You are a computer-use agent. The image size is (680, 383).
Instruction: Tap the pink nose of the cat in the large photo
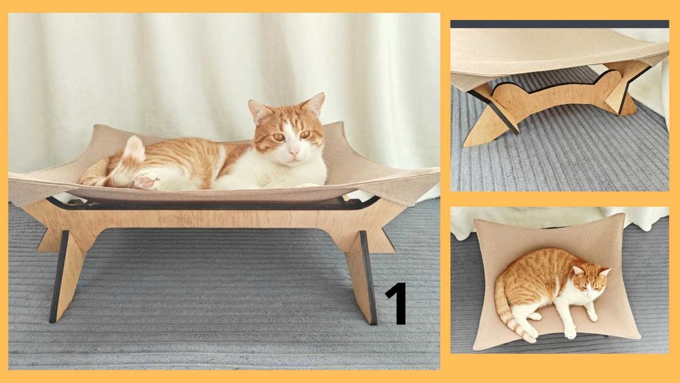[294, 152]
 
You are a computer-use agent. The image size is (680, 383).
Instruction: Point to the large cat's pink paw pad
[146, 180]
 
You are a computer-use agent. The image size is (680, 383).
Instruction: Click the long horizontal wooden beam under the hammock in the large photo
[212, 219]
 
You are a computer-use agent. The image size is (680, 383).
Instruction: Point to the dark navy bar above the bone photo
[560, 24]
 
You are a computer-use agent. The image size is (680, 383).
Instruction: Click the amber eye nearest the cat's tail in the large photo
[278, 137]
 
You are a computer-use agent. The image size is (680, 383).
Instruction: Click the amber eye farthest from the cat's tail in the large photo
[305, 135]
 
